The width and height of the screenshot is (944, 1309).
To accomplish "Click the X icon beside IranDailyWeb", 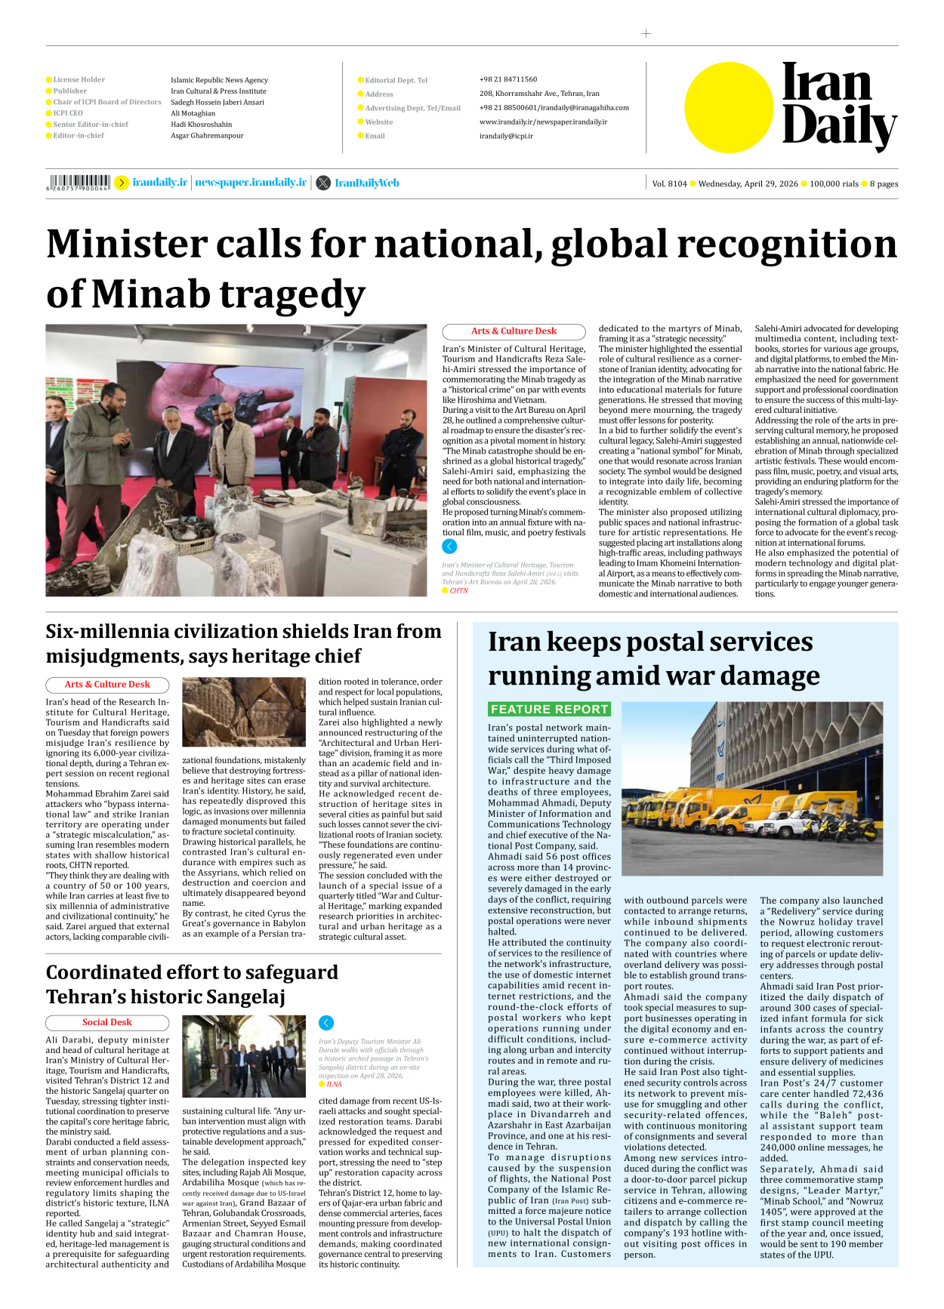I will click(x=323, y=183).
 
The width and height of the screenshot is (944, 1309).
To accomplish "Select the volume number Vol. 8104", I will click(x=669, y=183).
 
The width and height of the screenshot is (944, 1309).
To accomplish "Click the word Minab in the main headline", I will click(x=150, y=294).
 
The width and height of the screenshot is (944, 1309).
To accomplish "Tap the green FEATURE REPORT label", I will click(x=549, y=709).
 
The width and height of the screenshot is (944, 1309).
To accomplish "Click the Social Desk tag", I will click(x=106, y=1022).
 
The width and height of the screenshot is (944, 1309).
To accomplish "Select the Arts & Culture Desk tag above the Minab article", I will click(x=514, y=331).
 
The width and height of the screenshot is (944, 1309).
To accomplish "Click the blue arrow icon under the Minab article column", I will click(x=449, y=547).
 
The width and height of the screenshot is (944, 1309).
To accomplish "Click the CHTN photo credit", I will click(x=458, y=591).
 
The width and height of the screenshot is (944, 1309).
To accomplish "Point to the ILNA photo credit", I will click(x=334, y=1084).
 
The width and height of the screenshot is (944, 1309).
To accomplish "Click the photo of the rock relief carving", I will click(x=244, y=712).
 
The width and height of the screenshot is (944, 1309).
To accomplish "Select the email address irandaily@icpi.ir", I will click(x=506, y=136).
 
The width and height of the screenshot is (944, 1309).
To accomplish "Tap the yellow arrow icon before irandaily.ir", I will click(x=121, y=183).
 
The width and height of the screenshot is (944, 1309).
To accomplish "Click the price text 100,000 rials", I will click(x=834, y=183).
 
